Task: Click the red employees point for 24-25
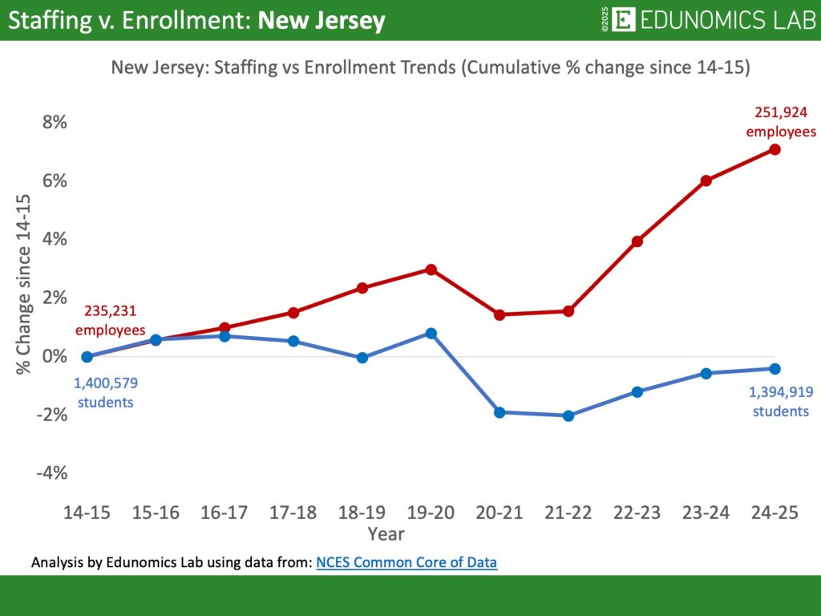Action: point(774,149)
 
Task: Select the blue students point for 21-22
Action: point(568,415)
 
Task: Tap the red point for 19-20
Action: point(431,269)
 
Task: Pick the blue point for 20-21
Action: point(499,412)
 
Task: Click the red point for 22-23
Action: point(637,241)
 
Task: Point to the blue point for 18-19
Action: point(362,358)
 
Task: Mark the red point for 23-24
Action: point(706,180)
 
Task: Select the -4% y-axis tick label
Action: point(51,473)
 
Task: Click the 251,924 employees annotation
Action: point(781,123)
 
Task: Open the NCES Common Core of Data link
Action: point(406,562)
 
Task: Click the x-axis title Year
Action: point(386,533)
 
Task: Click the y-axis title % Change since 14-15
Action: point(23,284)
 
